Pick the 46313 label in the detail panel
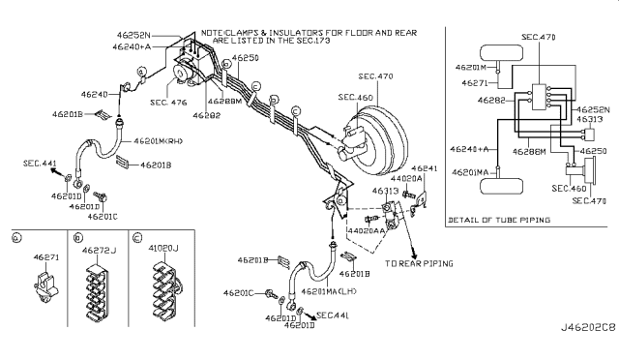tap(592, 120)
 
